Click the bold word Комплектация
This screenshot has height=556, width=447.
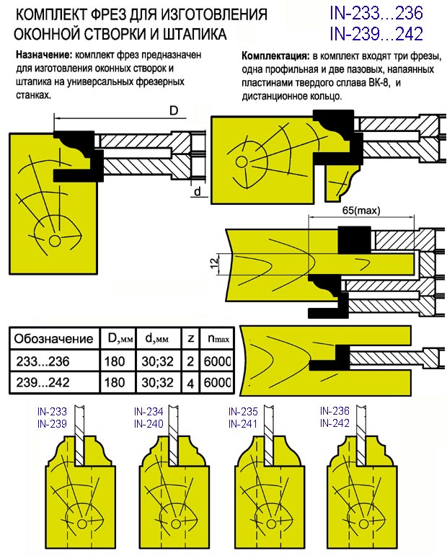tap(274, 56)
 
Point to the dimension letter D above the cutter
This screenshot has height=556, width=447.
tap(174, 110)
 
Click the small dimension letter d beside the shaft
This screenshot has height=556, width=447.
tap(197, 190)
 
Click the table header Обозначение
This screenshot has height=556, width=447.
tap(54, 339)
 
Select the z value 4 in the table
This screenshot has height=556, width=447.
tap(190, 384)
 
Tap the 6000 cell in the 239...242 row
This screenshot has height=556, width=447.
tap(218, 384)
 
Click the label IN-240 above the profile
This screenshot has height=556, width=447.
tap(149, 424)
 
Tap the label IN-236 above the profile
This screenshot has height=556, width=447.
tap(335, 411)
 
